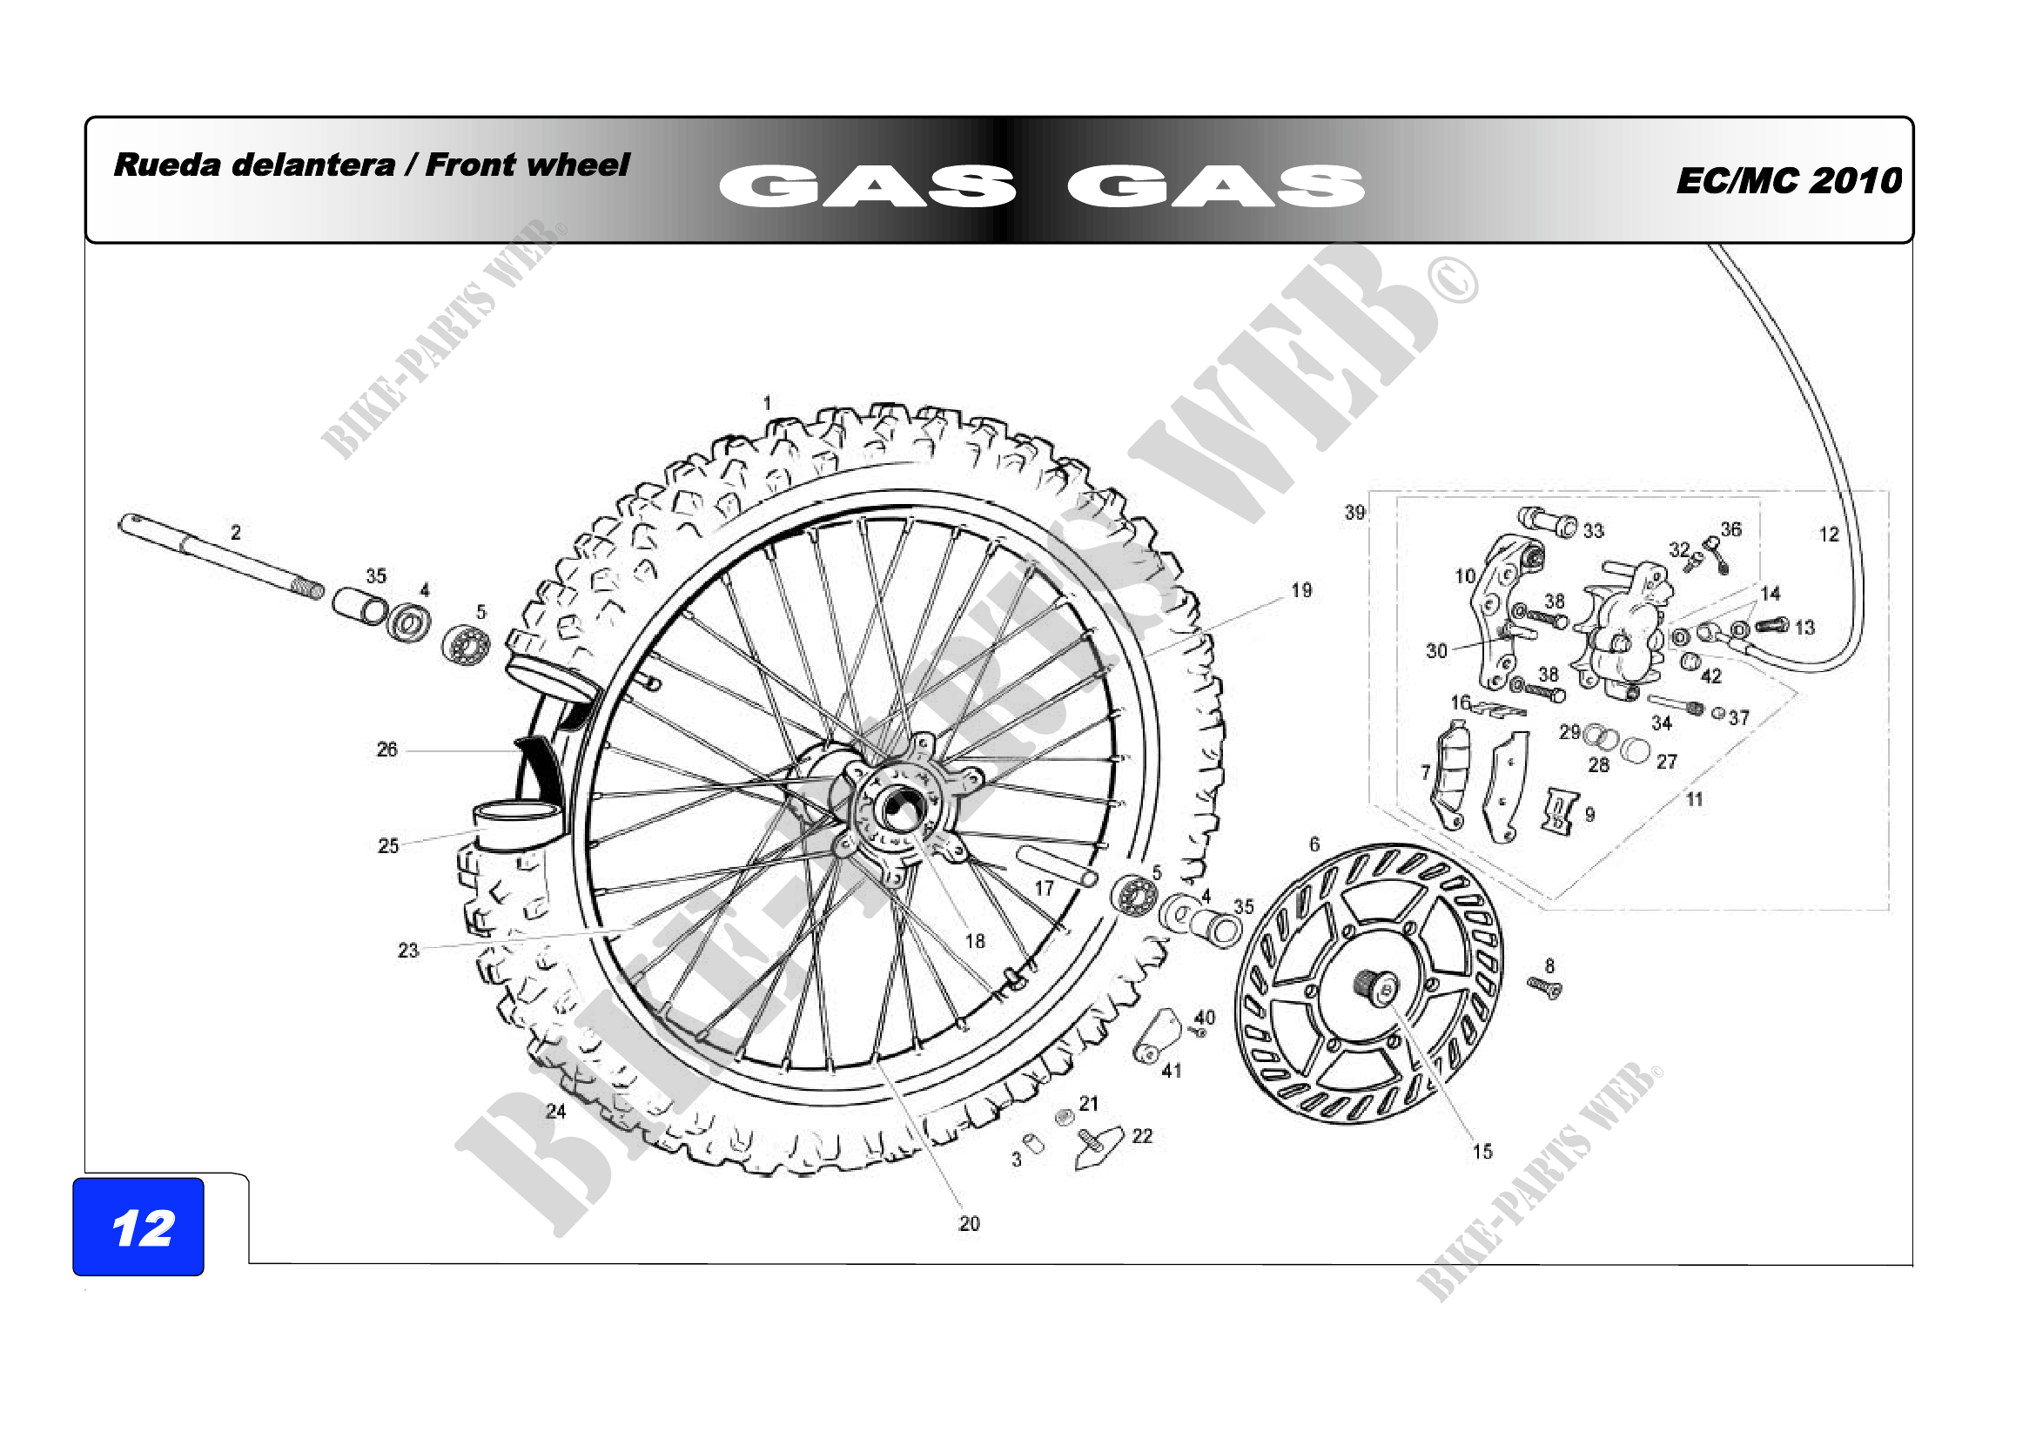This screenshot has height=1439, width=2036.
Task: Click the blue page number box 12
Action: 138,1227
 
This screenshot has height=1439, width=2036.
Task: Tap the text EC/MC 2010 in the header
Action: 1789,181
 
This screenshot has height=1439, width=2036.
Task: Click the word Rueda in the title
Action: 167,165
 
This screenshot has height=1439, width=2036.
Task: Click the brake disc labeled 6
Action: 1368,983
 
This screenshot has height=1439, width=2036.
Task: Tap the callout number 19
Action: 1300,590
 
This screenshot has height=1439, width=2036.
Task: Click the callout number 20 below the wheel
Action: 969,1224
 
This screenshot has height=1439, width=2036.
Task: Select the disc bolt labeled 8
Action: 1544,987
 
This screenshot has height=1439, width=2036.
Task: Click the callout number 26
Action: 386,750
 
